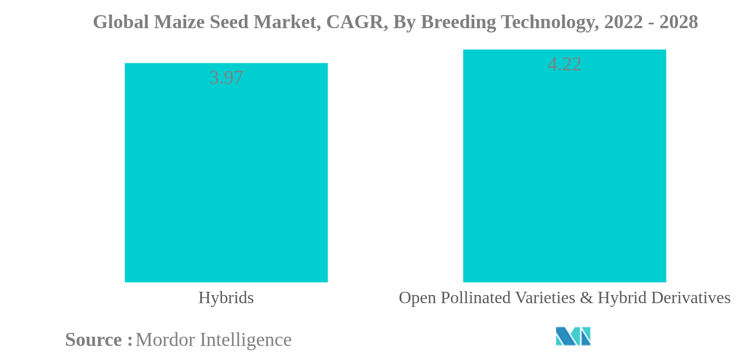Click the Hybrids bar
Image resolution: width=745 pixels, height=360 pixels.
tap(226, 173)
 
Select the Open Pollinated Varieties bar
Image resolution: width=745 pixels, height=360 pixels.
tap(564, 166)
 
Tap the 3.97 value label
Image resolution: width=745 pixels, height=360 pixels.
tap(226, 78)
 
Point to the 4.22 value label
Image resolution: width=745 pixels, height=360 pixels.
tap(564, 64)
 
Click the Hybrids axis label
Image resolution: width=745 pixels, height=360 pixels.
tap(226, 298)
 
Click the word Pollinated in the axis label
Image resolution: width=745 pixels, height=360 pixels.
tap(475, 298)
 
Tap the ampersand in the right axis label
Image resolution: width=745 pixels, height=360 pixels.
tap(586, 298)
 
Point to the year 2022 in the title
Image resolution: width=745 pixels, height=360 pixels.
tap(623, 22)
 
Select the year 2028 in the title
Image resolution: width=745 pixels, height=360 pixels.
tap(679, 22)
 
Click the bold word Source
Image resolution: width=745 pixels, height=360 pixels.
tap(94, 340)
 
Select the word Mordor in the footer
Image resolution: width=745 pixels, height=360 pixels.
tap(165, 340)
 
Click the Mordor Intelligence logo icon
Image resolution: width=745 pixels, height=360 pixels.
tap(573, 336)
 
